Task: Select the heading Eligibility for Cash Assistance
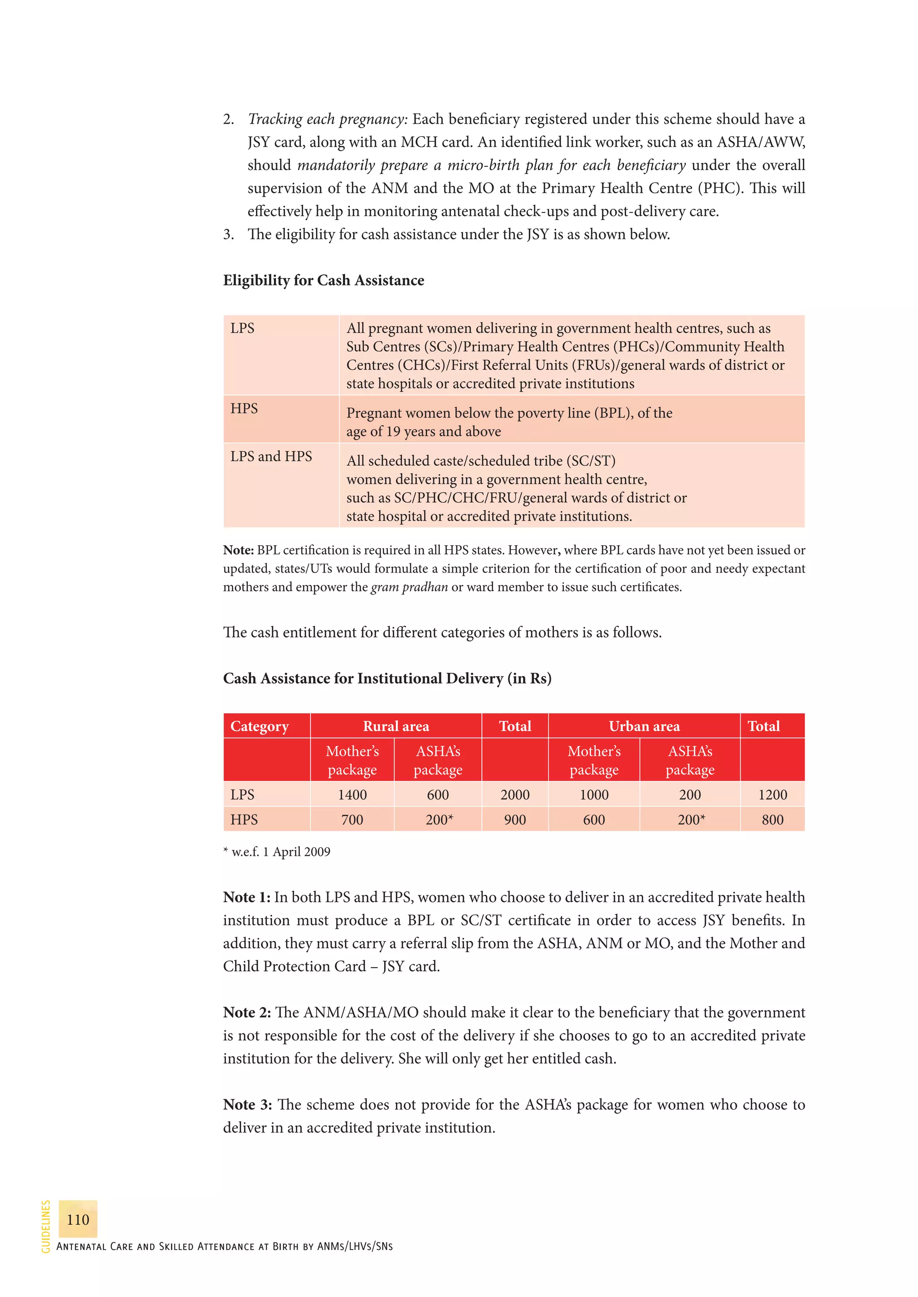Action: (323, 281)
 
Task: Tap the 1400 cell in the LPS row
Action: (352, 794)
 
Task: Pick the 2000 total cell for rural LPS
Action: (515, 794)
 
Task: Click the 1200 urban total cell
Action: (772, 794)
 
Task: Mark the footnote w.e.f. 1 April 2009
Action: (277, 851)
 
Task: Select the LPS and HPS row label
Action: (271, 456)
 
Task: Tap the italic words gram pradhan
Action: (409, 587)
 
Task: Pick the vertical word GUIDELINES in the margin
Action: (46, 1226)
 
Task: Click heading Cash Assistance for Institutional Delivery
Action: (387, 678)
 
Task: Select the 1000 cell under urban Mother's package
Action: (593, 794)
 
